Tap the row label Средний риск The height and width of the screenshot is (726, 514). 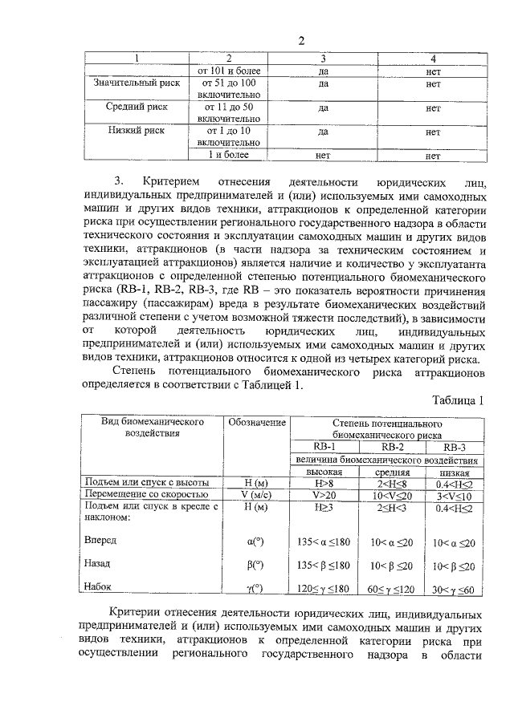[x=134, y=107]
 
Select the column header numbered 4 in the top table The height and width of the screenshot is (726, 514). [x=433, y=59]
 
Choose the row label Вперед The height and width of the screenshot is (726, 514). [x=100, y=541]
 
